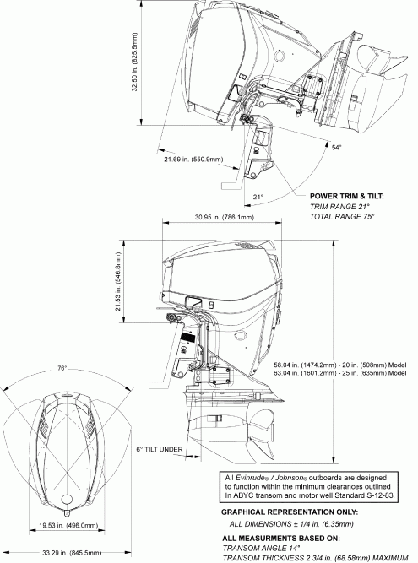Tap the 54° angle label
coord(336,146)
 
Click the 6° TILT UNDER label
coord(157,449)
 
